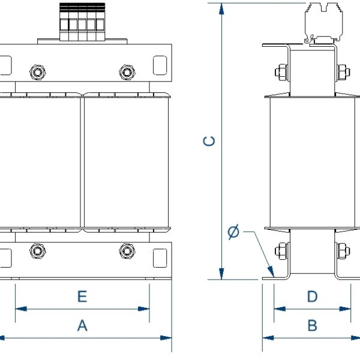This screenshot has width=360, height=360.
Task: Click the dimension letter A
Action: click(x=82, y=325)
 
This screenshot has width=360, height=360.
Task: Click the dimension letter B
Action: click(x=312, y=325)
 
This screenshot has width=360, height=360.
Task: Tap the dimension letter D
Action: click(x=312, y=296)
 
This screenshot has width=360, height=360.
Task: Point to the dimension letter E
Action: click(x=82, y=296)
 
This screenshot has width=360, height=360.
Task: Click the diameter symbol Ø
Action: click(x=234, y=232)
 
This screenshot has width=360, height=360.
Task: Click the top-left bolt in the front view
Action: click(x=38, y=73)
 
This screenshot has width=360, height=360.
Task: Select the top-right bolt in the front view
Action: click(x=127, y=73)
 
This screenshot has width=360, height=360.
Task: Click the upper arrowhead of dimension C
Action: click(x=222, y=8)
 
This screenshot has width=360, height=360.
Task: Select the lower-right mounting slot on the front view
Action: click(x=160, y=258)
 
